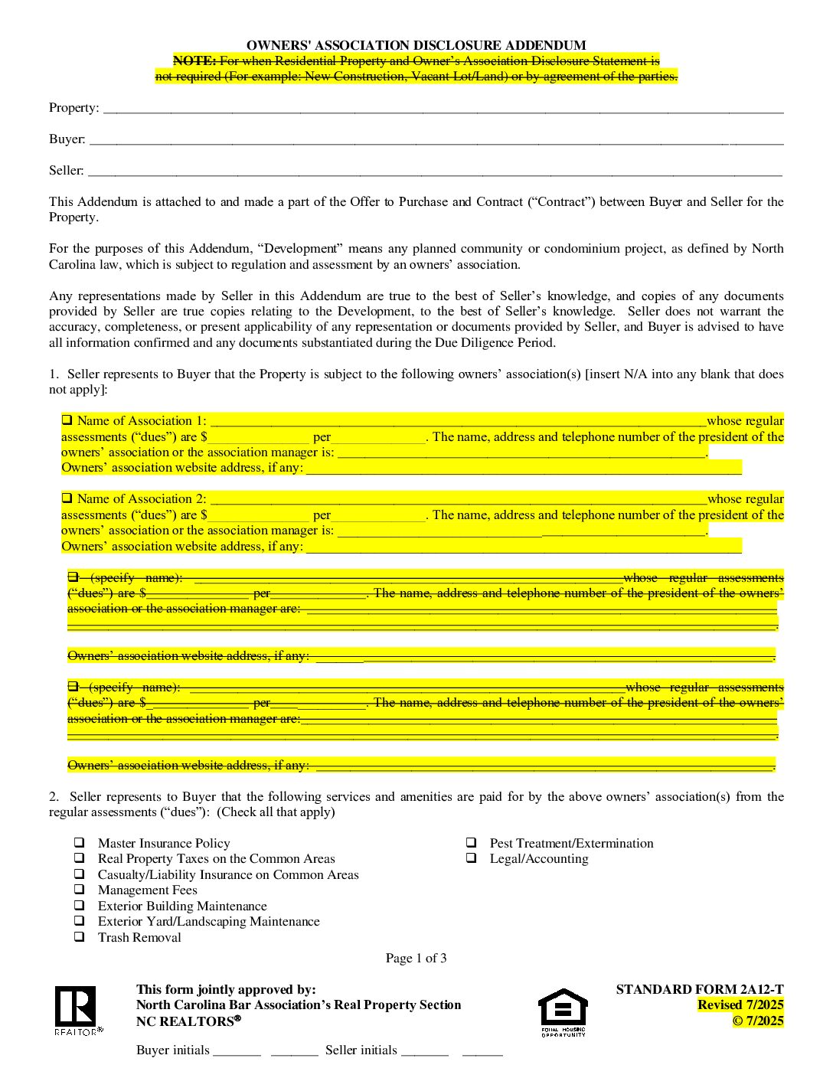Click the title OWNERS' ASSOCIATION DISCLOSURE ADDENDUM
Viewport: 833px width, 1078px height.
coord(416,46)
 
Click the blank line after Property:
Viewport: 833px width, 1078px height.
coord(443,109)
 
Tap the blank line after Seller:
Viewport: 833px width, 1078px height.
coord(434,171)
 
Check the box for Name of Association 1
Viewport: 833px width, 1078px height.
coord(67,420)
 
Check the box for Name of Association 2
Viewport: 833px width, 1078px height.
coord(67,498)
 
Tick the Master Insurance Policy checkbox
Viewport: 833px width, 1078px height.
coord(80,843)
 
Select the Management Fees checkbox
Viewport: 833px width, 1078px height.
coord(80,890)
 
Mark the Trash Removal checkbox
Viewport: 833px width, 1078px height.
coord(80,937)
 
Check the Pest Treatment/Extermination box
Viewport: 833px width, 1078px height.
coord(472,843)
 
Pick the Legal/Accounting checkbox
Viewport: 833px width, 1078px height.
coord(472,858)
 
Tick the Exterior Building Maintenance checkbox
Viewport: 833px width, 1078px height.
coord(80,906)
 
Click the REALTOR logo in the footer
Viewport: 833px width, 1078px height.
coord(76,1008)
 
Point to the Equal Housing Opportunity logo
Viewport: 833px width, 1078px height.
coord(563,1011)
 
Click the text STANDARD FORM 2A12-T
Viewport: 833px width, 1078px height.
coord(699,989)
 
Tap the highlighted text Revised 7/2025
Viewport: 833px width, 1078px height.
coord(740,1004)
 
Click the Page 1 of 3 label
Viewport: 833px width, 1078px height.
coord(416,958)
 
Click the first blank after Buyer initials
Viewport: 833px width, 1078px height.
coord(237,1051)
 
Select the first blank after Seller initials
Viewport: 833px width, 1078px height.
coord(425,1051)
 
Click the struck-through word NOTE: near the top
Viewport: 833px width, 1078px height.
coord(194,61)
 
